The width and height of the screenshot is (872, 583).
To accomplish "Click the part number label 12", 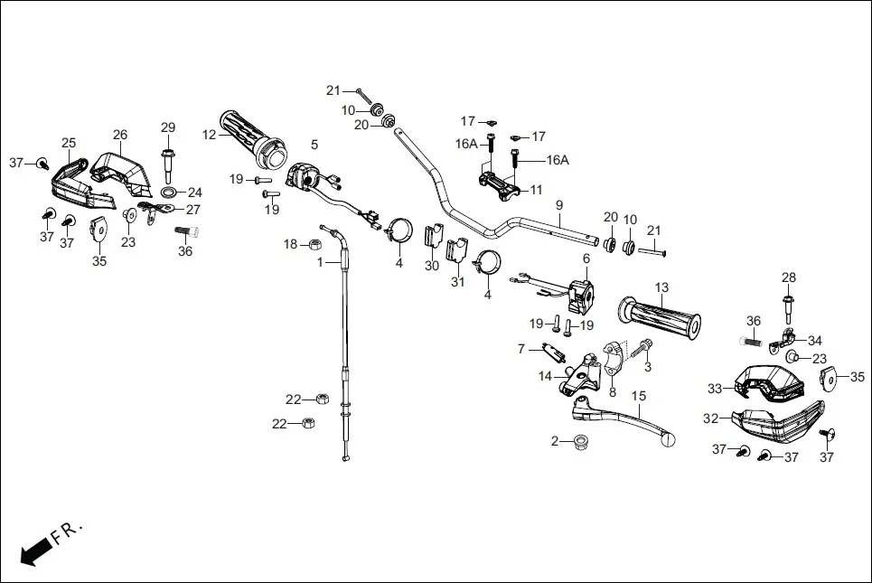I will point(209,135).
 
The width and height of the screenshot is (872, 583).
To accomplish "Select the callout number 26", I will point(120,135).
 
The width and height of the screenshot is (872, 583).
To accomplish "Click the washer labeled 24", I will point(169,193).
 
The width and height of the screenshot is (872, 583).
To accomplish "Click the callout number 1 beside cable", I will point(319,262).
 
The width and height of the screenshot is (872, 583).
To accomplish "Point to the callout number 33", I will point(715,389).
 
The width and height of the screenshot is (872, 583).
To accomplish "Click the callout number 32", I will point(711,418).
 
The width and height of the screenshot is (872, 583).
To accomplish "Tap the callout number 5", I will point(314,144).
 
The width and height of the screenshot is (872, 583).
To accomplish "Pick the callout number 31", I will point(458,282).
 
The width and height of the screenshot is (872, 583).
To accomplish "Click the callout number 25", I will point(69,143).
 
